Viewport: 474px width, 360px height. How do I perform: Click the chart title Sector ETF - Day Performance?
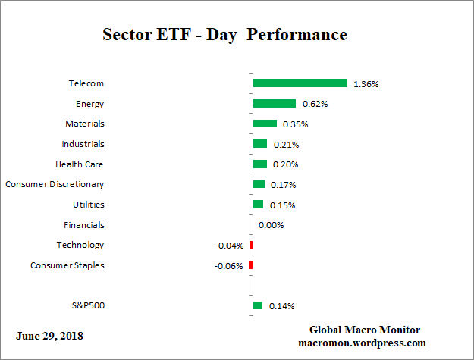click(224, 35)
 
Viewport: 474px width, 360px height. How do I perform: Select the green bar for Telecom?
click(300, 83)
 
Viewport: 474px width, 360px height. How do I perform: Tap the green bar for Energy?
click(274, 104)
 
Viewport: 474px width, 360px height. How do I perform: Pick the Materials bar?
click(265, 124)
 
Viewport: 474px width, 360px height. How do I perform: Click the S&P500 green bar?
click(257, 305)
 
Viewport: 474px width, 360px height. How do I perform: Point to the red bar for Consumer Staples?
click(250, 265)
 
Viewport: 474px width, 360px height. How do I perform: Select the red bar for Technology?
click(251, 245)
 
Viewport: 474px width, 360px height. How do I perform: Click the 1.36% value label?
click(366, 84)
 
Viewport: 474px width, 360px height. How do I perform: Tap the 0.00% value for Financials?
click(271, 225)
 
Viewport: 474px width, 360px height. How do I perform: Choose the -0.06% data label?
click(230, 265)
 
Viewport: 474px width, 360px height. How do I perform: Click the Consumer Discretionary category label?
click(55, 184)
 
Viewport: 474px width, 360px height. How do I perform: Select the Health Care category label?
click(80, 164)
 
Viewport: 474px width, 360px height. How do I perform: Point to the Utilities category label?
click(89, 205)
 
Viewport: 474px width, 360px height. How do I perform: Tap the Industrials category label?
click(83, 144)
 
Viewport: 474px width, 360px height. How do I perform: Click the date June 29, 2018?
click(49, 336)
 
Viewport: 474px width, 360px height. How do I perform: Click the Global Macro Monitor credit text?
click(364, 330)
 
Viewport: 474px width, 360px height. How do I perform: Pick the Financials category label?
click(84, 225)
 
